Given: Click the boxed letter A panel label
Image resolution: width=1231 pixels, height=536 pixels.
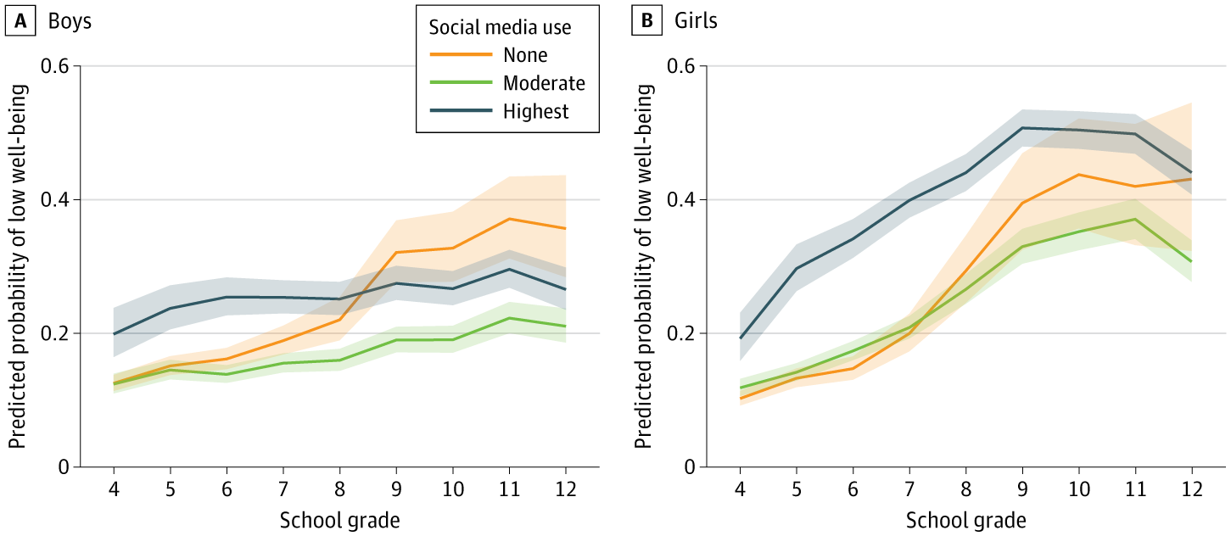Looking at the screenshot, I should coord(19,22).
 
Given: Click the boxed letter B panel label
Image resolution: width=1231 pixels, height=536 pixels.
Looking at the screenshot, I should coord(646,22).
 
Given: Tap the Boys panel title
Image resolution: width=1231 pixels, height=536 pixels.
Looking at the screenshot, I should coord(70,22).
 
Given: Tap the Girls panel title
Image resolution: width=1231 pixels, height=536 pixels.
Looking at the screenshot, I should coord(695,22).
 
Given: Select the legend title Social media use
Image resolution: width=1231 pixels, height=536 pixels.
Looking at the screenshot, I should coord(500,27).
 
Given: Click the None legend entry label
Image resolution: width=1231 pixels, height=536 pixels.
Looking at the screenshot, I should coord(525,55).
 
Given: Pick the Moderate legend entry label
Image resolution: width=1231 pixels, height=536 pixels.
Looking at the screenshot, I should coord(544,83).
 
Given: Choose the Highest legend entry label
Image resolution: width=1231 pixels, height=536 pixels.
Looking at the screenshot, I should coord(536,111).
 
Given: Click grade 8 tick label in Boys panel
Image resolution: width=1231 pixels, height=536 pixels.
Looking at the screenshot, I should coord(339,489).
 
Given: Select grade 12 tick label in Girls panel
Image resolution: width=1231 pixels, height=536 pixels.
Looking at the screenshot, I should coord(1191,489).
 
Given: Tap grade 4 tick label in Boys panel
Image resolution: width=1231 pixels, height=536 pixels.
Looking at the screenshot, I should coord(114,489).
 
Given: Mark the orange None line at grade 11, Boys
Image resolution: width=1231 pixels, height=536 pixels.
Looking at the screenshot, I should coord(509,219).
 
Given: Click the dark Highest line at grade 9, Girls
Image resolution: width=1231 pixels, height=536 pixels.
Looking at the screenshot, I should coord(1023,128).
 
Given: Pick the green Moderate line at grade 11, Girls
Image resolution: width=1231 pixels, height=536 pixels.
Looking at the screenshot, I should coord(1136,219).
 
